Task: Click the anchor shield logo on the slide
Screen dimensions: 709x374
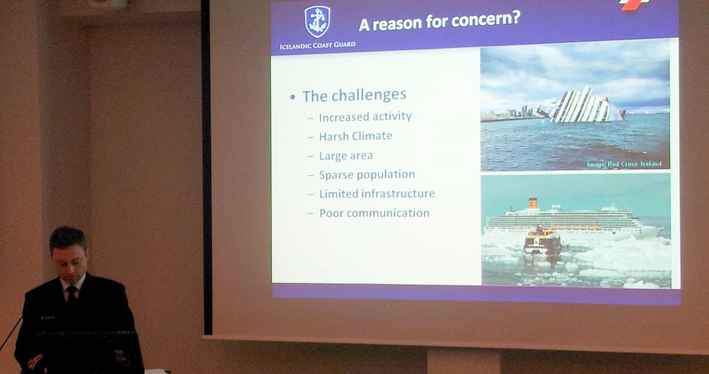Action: [x=317, y=22]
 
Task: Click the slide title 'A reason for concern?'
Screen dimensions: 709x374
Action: [x=439, y=21]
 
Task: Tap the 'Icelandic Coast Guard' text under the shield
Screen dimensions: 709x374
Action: [x=318, y=45]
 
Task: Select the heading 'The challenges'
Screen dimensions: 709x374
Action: [x=354, y=95]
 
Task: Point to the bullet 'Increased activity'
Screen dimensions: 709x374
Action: [x=365, y=116]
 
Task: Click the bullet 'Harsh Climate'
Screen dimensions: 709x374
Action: [x=355, y=136]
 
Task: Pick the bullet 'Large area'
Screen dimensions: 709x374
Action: [x=345, y=156]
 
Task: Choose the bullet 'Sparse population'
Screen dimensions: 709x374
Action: [x=367, y=175]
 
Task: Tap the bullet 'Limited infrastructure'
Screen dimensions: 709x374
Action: [x=377, y=193]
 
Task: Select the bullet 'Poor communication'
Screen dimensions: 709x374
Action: [x=374, y=213]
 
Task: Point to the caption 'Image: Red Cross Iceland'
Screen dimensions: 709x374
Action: [x=624, y=164]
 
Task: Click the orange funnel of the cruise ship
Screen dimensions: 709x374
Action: [x=533, y=203]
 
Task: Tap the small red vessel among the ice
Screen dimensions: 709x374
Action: [x=542, y=241]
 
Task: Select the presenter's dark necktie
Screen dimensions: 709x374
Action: [x=72, y=293]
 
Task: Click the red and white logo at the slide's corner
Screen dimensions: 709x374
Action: [x=634, y=4]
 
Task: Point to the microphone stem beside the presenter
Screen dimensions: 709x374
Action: [x=10, y=334]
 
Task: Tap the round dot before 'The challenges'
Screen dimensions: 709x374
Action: [x=293, y=97]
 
